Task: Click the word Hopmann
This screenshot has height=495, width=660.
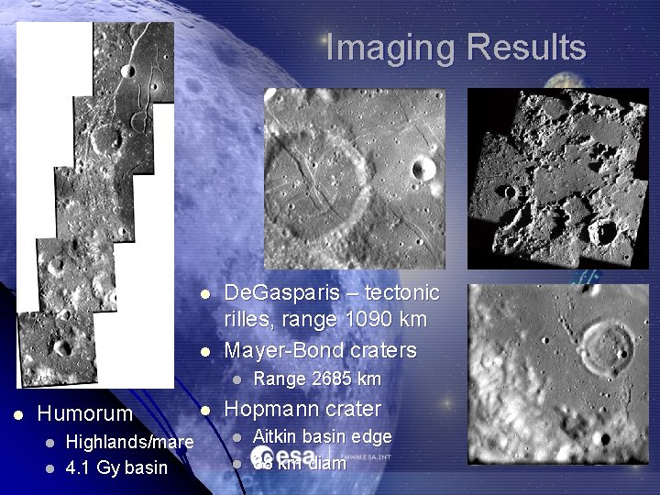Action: tap(269, 409)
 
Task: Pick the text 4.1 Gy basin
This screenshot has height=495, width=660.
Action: tap(118, 467)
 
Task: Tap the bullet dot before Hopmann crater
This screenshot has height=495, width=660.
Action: tap(206, 409)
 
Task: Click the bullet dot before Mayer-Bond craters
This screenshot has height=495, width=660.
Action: tap(206, 350)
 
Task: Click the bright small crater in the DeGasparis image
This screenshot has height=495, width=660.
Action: tap(423, 168)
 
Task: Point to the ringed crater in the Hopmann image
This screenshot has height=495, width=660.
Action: tap(606, 344)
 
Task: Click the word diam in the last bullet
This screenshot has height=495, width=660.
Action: tap(327, 464)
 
